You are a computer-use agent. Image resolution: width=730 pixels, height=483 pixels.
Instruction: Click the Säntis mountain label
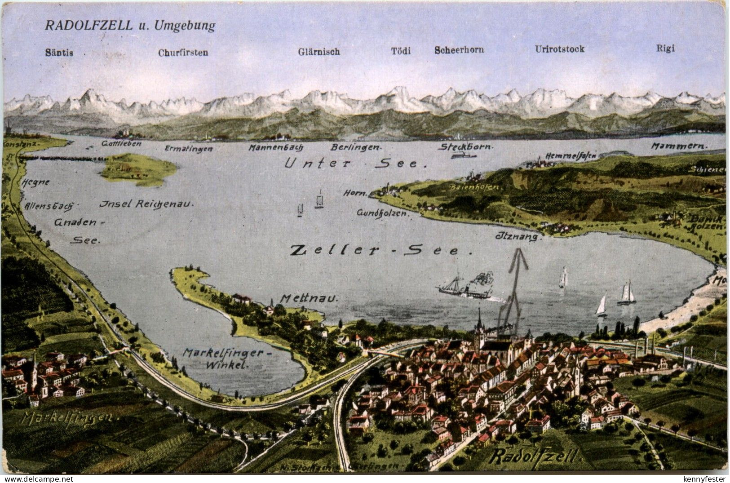click(59, 53)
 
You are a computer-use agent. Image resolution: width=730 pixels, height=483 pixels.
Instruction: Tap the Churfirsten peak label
click(183, 53)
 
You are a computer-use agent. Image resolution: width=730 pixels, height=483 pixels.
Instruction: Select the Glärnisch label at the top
click(319, 52)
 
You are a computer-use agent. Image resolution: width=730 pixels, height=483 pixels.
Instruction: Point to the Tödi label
click(401, 51)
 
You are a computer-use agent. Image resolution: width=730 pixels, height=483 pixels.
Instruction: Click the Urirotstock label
click(560, 49)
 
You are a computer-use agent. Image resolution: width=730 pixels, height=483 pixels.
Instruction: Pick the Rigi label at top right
click(665, 49)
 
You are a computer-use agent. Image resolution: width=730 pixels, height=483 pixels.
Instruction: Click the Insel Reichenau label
click(146, 204)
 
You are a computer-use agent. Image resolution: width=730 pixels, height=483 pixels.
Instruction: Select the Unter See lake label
click(355, 164)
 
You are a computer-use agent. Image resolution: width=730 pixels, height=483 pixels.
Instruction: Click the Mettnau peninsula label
click(309, 298)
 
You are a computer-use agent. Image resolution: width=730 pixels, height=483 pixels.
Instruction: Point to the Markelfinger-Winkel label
click(228, 359)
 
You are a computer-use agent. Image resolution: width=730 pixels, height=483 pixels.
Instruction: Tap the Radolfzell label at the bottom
click(535, 457)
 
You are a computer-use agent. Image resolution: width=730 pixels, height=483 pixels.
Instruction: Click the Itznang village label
click(517, 236)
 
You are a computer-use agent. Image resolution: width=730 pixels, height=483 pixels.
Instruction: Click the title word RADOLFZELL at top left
click(88, 26)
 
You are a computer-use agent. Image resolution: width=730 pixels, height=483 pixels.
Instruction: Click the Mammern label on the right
click(679, 146)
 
